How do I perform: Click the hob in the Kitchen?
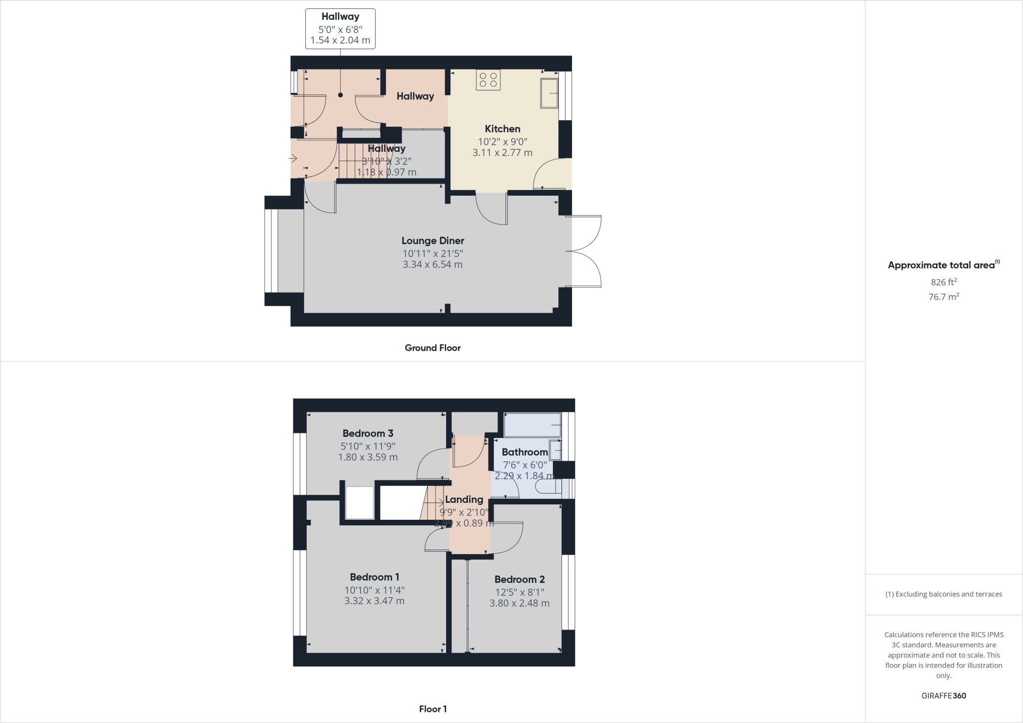[488, 80]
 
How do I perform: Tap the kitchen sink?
[549, 93]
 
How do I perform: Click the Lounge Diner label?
[433, 241]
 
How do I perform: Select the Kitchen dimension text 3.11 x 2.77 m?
[503, 152]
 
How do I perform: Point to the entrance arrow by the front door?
[293, 159]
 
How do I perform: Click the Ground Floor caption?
[433, 348]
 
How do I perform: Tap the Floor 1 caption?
[433, 709]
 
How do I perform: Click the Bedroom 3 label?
[368, 433]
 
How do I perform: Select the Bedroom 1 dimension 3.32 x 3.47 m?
[374, 601]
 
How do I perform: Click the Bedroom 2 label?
[519, 579]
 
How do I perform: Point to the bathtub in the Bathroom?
[532, 424]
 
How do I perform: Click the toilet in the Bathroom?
[548, 486]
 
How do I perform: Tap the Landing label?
[464, 499]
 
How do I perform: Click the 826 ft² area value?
[944, 282]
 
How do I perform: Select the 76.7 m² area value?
[944, 297]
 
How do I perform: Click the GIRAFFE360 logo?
[944, 696]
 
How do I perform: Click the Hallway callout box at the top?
[340, 28]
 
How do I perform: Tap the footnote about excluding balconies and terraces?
[944, 594]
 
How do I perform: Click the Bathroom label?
[524, 452]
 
